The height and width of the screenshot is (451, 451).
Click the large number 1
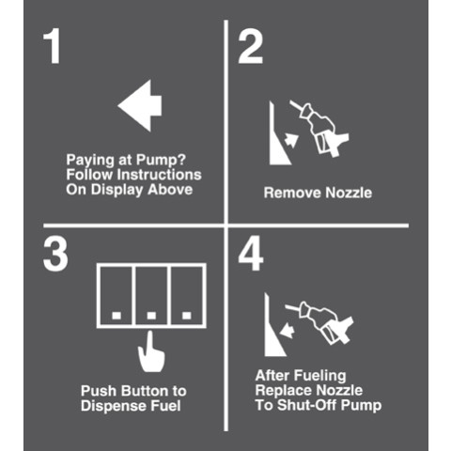point(53,46)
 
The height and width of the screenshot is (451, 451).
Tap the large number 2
point(251,47)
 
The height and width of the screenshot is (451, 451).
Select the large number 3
point(55,254)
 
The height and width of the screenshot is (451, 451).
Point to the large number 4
point(251,253)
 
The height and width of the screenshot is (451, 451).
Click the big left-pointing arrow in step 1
point(140,105)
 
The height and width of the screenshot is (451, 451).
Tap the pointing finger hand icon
point(151,351)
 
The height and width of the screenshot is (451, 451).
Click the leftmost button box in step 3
point(116,296)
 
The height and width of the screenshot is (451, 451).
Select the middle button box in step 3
point(151,296)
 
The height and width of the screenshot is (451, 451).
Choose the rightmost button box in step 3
point(187,296)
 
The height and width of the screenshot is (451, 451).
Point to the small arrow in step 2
point(291,140)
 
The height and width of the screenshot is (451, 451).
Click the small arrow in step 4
point(288,331)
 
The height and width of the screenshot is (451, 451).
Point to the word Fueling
point(320,376)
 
